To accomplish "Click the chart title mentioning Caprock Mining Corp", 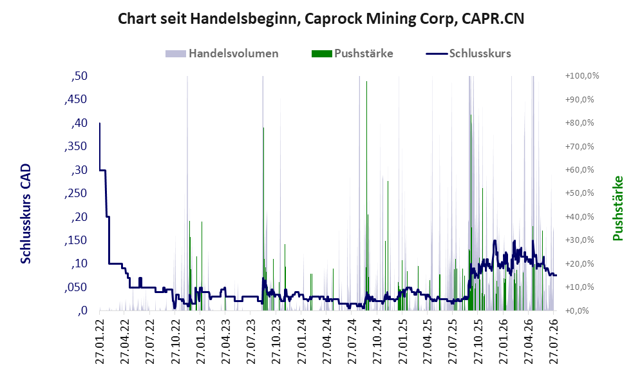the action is (321, 19).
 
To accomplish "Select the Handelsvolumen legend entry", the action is (222, 53).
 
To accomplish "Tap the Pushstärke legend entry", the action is (352, 53).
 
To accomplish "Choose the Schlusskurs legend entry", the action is (468, 53).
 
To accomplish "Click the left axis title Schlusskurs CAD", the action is (26, 214).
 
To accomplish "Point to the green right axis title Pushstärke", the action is (618, 209).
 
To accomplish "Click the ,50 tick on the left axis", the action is (79, 76).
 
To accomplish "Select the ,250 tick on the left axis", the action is (76, 193).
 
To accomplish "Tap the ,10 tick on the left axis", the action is (79, 263).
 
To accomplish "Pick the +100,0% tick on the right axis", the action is (582, 76).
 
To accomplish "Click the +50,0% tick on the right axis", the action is (580, 193).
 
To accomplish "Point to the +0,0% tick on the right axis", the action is (578, 311).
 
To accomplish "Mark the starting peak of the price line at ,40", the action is (100, 123).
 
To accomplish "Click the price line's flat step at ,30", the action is (103, 170).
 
